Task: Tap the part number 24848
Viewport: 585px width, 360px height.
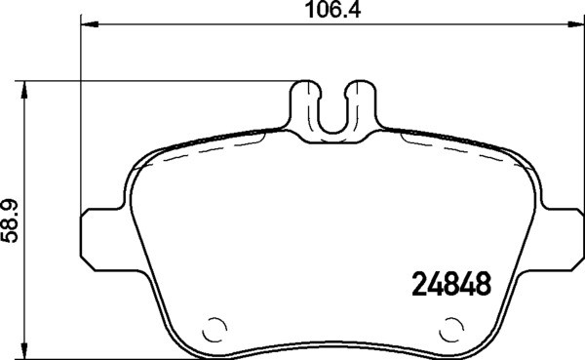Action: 447,287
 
